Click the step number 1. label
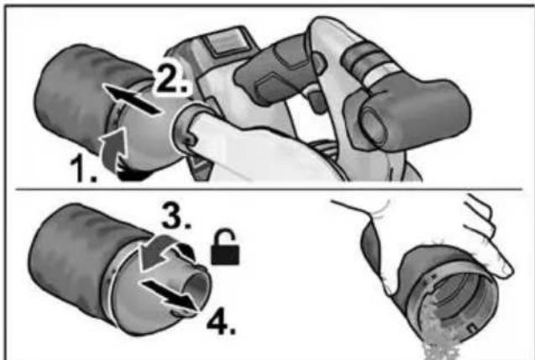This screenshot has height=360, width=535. (83, 169)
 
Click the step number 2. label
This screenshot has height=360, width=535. (170, 80)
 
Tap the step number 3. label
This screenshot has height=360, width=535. (176, 216)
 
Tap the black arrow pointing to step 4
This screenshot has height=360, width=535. (170, 294)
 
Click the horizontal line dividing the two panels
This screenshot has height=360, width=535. (268, 189)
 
